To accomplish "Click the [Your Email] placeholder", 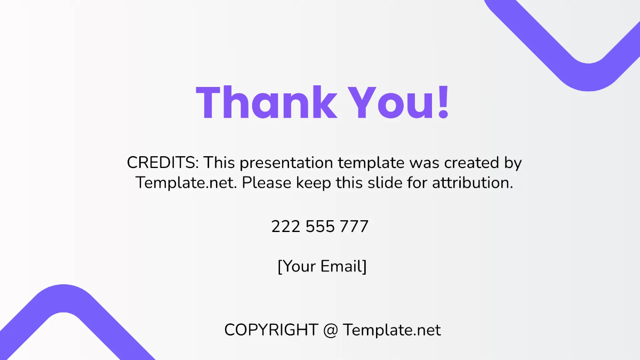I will (322, 266).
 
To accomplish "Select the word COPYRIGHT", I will (271, 330).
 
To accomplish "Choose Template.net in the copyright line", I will (392, 330).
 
